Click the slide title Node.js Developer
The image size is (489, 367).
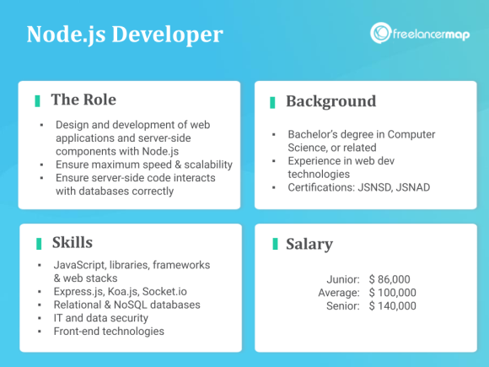(125, 35)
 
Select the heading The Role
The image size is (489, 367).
(83, 100)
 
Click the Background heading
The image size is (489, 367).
(330, 101)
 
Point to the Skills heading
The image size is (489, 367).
(72, 243)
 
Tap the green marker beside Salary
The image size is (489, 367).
(274, 245)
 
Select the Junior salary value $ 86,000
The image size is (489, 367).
(392, 278)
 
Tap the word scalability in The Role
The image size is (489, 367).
(199, 165)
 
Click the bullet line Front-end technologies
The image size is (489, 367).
(110, 332)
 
